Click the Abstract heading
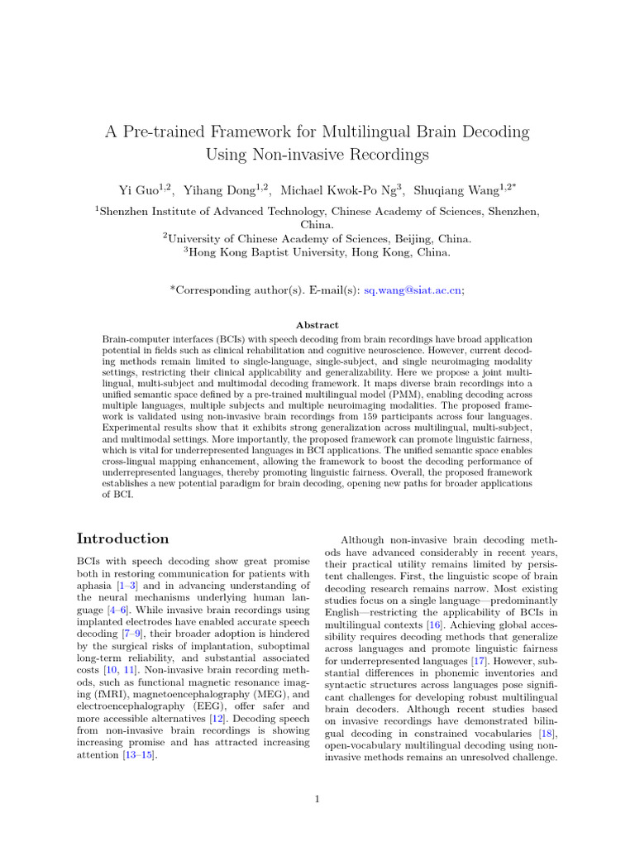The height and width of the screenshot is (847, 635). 317,325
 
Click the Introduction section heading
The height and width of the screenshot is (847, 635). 123,538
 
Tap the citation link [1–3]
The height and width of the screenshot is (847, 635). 131,584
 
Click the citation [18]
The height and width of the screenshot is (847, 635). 547,733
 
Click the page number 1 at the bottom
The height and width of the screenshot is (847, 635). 317,799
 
